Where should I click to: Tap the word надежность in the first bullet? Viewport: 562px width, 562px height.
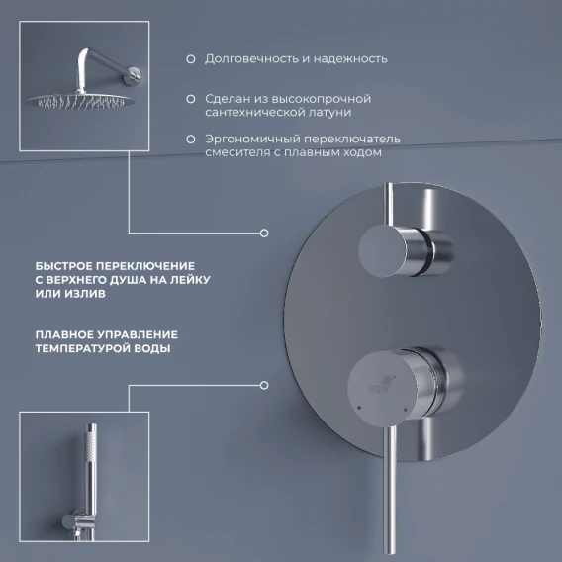click(x=350, y=58)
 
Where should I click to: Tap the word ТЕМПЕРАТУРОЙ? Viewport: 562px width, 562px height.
click(x=82, y=348)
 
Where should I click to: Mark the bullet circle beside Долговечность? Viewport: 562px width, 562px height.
click(x=191, y=59)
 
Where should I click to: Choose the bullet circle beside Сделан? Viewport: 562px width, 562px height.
click(x=191, y=99)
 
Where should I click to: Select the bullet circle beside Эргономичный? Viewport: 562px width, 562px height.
click(x=191, y=140)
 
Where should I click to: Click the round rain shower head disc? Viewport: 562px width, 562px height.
click(x=82, y=100)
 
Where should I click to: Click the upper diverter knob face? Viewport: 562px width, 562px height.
click(x=383, y=251)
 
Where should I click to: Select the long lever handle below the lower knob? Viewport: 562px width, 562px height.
click(x=390, y=489)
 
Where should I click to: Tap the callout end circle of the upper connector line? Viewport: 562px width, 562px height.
click(x=264, y=234)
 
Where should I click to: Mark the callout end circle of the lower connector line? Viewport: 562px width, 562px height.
click(x=264, y=385)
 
